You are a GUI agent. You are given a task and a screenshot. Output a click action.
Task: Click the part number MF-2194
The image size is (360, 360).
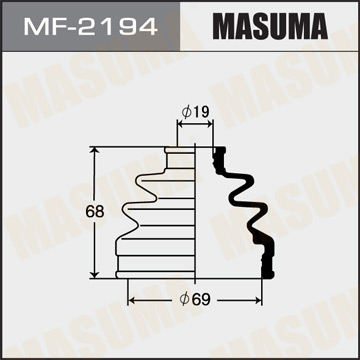point(90,24)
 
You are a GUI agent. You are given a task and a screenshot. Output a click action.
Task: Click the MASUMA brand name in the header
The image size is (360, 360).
point(272,24)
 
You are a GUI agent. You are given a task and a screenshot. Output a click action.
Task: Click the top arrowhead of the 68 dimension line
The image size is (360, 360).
point(96,150)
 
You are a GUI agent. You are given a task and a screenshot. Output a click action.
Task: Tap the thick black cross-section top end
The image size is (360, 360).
point(217,153)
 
